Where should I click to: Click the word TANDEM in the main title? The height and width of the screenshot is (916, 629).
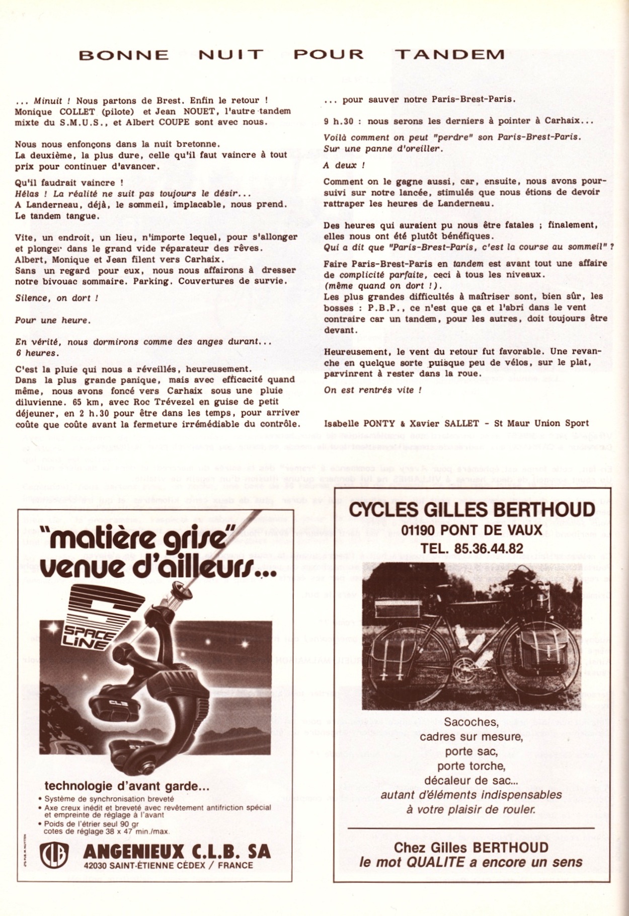click(449, 54)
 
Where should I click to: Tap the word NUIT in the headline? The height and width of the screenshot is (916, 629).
click(231, 54)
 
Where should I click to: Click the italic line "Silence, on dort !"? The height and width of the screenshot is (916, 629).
click(56, 298)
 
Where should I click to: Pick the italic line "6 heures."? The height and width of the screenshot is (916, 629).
click(36, 353)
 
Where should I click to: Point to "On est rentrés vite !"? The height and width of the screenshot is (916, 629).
click(372, 390)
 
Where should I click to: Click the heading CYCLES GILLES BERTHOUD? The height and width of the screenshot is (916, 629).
click(471, 510)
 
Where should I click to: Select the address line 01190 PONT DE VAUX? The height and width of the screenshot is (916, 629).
click(472, 530)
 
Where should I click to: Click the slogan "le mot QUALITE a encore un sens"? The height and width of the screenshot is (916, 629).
click(470, 862)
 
